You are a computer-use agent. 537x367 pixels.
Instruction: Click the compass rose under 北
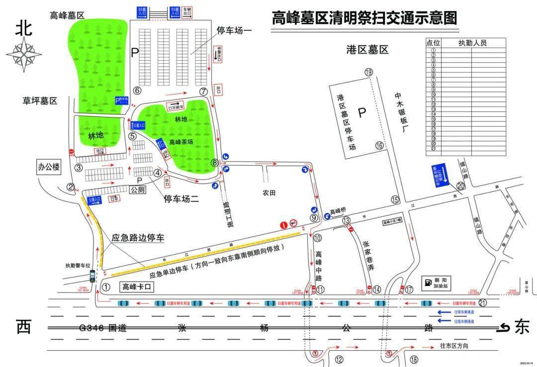point(24,52)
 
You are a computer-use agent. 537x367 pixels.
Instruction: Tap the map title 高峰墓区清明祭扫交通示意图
point(363,18)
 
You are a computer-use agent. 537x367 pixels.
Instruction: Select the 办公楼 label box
point(48,167)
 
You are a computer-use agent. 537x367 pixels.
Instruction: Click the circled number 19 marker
point(368,72)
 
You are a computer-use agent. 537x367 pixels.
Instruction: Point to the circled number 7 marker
point(203,92)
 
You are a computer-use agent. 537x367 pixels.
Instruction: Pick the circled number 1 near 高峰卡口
point(105,287)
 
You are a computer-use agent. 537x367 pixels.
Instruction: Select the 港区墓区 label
point(367,50)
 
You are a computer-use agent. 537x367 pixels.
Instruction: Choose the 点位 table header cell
point(433,43)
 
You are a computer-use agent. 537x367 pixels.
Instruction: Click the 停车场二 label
point(181,199)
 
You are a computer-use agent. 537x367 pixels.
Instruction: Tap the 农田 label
point(269,192)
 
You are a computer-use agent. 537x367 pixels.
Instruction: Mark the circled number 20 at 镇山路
point(460,185)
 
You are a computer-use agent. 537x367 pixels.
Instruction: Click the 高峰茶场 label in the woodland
point(181,142)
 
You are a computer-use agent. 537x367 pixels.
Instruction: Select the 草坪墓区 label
point(40,100)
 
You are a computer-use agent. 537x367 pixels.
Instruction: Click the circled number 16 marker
point(380,145)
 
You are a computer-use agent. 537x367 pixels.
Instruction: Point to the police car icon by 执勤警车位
point(92,275)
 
